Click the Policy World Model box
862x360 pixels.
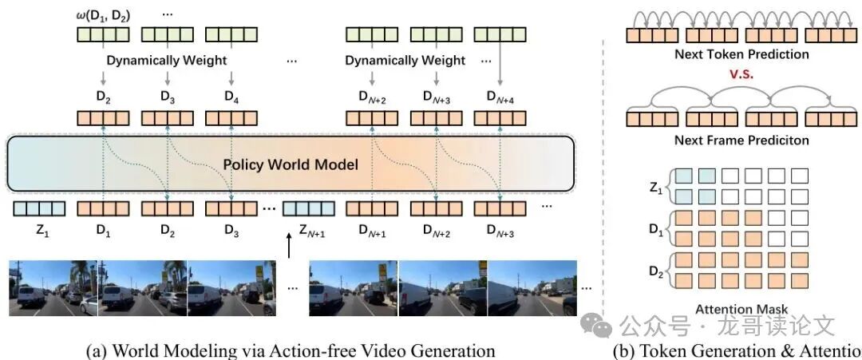(x=291, y=164)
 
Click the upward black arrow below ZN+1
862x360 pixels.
(x=289, y=250)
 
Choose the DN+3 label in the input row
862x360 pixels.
(x=500, y=232)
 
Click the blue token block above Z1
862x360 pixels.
(x=38, y=209)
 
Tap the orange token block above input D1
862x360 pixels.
(x=102, y=209)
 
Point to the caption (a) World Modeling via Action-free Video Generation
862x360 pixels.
(x=291, y=350)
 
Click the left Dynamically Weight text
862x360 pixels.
(x=168, y=60)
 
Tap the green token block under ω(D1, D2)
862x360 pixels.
(x=102, y=35)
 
